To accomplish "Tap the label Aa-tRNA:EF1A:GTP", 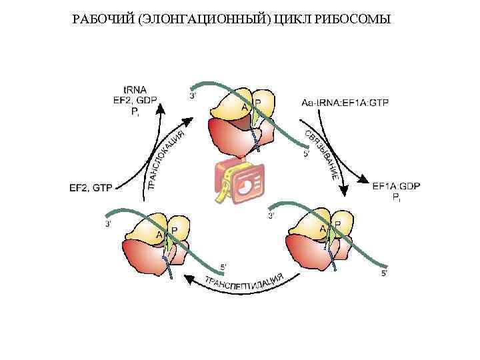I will (345, 103).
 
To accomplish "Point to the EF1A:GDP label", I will (396, 186).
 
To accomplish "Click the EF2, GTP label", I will (91, 188).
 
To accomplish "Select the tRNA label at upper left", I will (135, 89).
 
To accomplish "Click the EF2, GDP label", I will (135, 99).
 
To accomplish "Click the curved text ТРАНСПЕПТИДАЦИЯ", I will (244, 280).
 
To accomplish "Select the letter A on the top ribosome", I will (245, 107).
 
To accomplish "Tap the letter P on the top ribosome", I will (258, 102).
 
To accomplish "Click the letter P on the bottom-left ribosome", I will (174, 230).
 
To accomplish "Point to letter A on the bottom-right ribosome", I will (323, 229).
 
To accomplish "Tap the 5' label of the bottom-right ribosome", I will (383, 273).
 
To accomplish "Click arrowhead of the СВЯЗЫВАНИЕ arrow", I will (345, 190).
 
